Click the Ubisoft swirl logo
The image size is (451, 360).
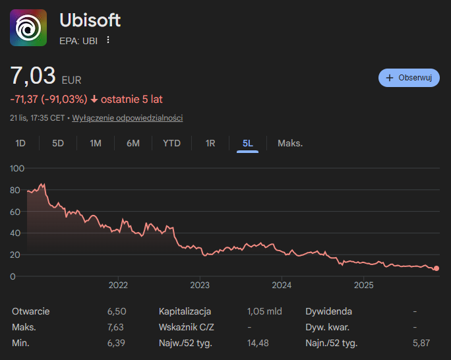click(x=28, y=28)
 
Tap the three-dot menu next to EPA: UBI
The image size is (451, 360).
click(x=109, y=40)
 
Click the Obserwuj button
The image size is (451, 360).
click(x=409, y=78)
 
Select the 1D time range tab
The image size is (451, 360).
click(x=20, y=143)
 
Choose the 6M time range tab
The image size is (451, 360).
click(x=133, y=143)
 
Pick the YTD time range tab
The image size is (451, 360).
click(x=171, y=143)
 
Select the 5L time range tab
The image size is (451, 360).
click(x=248, y=143)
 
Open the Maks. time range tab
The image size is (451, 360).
click(x=290, y=143)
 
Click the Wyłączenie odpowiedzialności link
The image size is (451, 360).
click(x=127, y=118)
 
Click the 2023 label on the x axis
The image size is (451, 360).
click(x=200, y=285)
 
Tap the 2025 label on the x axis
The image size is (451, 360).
click(x=364, y=285)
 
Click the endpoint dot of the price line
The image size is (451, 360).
click(x=436, y=269)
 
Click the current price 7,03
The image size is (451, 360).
click(x=33, y=76)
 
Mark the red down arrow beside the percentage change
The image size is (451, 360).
click(x=94, y=100)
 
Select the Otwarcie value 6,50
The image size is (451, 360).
click(x=116, y=311)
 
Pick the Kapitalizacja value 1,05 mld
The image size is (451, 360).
click(x=264, y=311)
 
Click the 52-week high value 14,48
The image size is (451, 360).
click(x=259, y=343)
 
